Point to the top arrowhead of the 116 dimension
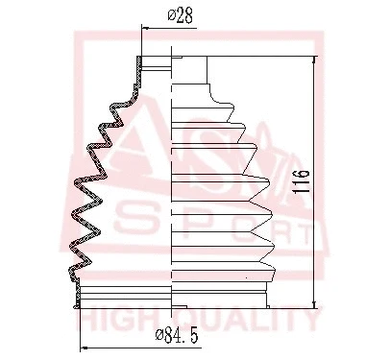(315, 59)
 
